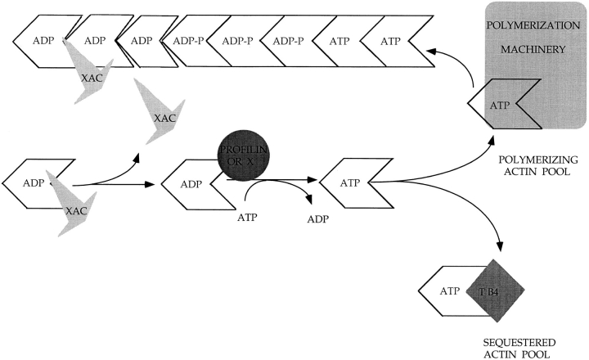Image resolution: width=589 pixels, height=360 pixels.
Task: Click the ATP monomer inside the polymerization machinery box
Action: pyautogui.click(x=501, y=105)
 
